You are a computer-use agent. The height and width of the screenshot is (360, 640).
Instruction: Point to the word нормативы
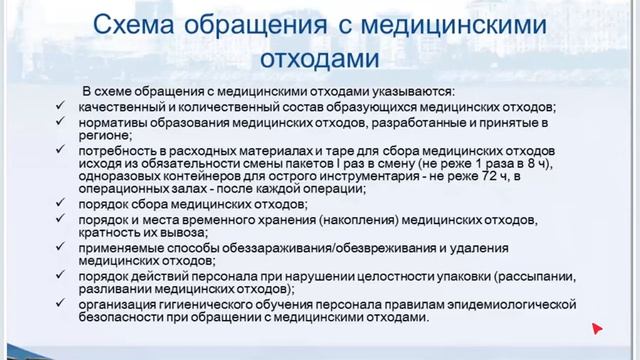(114, 123)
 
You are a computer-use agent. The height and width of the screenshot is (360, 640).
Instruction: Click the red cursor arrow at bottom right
(597, 327)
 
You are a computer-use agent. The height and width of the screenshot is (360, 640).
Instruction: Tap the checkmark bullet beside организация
(63, 303)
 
